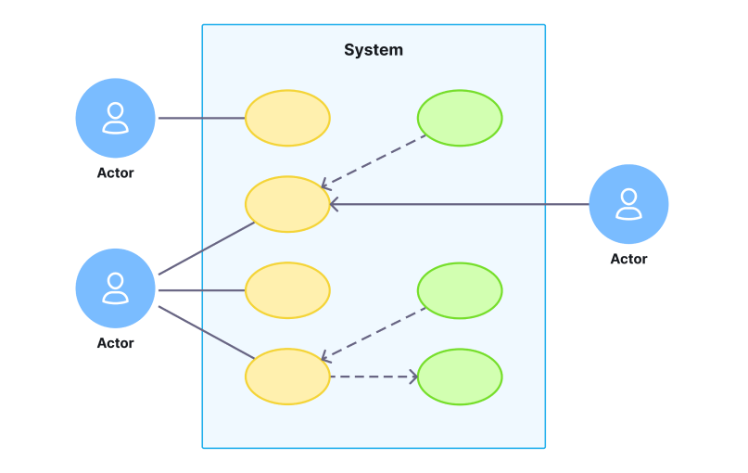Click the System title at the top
(374, 50)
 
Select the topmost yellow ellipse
(287, 118)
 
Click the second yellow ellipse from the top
(287, 204)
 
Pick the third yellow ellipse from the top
(287, 290)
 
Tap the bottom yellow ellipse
(287, 377)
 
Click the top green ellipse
(460, 118)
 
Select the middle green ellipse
(460, 290)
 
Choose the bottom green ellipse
(460, 377)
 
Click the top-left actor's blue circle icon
(115, 118)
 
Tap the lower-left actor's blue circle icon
(115, 288)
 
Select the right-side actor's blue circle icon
(628, 204)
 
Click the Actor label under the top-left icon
(115, 173)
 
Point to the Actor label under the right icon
(628, 259)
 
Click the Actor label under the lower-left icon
(115, 343)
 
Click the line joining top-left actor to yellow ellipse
(201, 118)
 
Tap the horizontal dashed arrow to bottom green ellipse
(373, 377)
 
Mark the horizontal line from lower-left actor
(201, 290)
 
